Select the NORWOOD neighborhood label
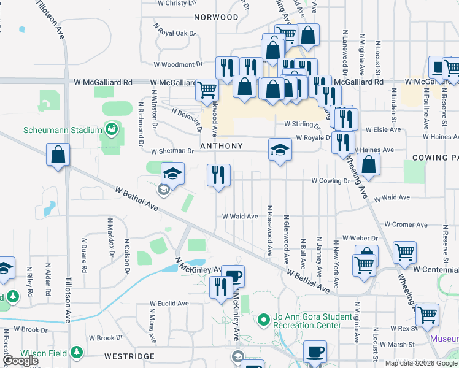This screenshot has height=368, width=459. pyautogui.click(x=216, y=17)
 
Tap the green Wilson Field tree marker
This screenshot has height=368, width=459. pyautogui.click(x=76, y=353)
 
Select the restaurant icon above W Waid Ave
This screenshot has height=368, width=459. pyautogui.click(x=219, y=175)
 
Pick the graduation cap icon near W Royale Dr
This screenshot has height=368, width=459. pyautogui.click(x=279, y=150)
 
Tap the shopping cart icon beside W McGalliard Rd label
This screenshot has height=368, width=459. pyautogui.click(x=207, y=90)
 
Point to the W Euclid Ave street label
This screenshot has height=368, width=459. pyautogui.click(x=169, y=303)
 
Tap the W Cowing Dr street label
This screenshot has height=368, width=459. pyautogui.click(x=330, y=181)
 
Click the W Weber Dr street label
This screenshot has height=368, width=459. pyautogui.click(x=360, y=237)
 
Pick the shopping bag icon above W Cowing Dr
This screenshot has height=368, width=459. pyautogui.click(x=368, y=164)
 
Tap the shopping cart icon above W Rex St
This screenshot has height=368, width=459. pyautogui.click(x=427, y=315)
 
